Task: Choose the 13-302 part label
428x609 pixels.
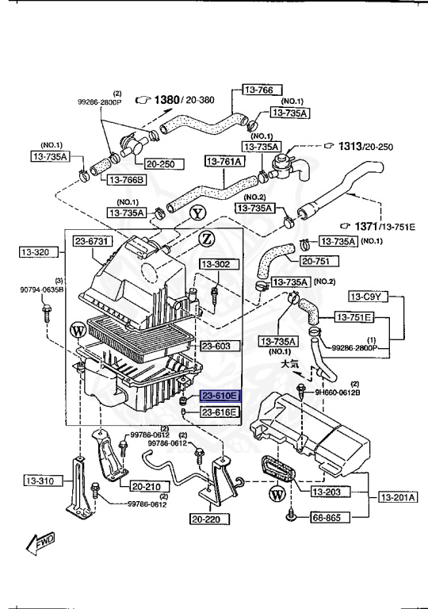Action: pos(215,264)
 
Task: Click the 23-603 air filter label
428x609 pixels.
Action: pos(216,346)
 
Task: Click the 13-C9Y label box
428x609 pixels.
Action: pos(367,297)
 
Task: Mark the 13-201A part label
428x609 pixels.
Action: pos(397,497)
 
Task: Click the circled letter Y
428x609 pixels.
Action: pos(197,213)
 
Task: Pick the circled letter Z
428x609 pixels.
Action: pos(205,238)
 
